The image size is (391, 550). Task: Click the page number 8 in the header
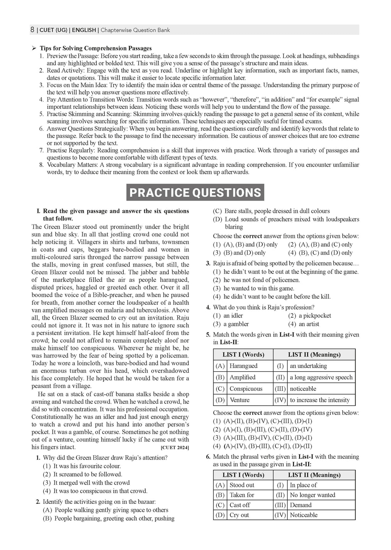point(32,30)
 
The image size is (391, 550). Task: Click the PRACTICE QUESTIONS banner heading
point(195,192)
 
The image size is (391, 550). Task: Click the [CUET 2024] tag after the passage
point(175,447)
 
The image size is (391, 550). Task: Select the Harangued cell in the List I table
point(243,366)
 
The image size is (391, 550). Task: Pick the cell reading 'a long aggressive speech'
point(321,377)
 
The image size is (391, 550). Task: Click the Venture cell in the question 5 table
point(239,400)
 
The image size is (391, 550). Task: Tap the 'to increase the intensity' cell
point(320,400)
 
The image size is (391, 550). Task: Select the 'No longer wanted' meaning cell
point(312,495)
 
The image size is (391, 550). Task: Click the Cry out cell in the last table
point(239,515)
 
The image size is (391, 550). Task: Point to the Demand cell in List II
point(301,505)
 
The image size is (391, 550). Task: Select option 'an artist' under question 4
point(309,324)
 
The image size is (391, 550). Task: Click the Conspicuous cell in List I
point(246,389)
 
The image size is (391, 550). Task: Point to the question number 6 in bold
point(208,457)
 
